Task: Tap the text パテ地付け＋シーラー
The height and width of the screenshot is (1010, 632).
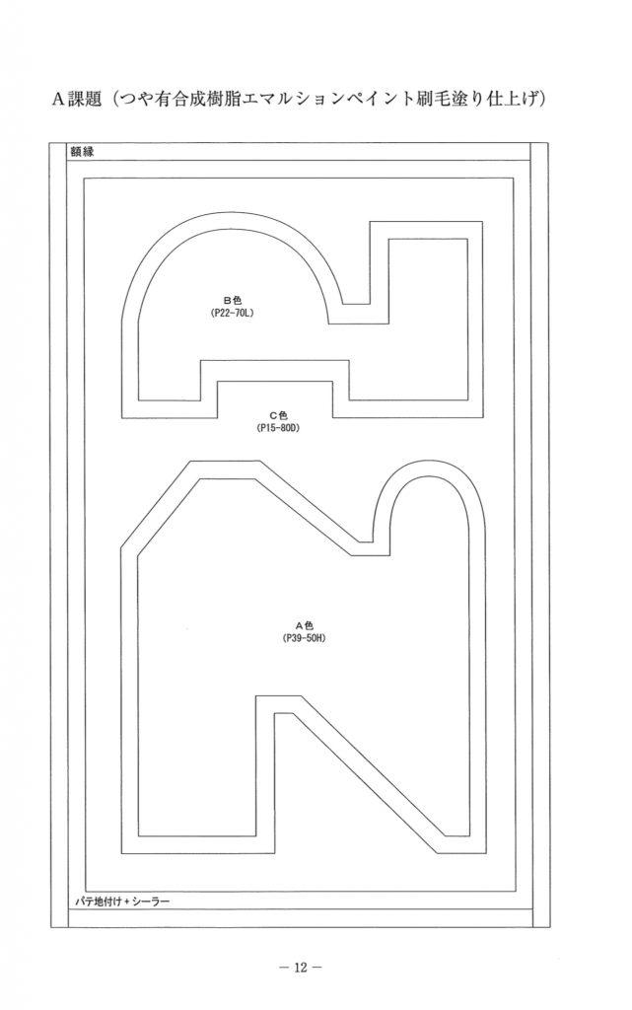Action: (120, 902)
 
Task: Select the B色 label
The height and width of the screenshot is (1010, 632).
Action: (233, 300)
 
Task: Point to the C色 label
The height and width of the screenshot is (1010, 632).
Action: (279, 415)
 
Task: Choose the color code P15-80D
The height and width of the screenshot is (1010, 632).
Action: (279, 428)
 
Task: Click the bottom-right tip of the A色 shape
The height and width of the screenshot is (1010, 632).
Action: (485, 853)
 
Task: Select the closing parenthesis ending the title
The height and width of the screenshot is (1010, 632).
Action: (542, 100)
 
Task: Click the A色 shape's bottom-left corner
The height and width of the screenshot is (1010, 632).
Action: (121, 853)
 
